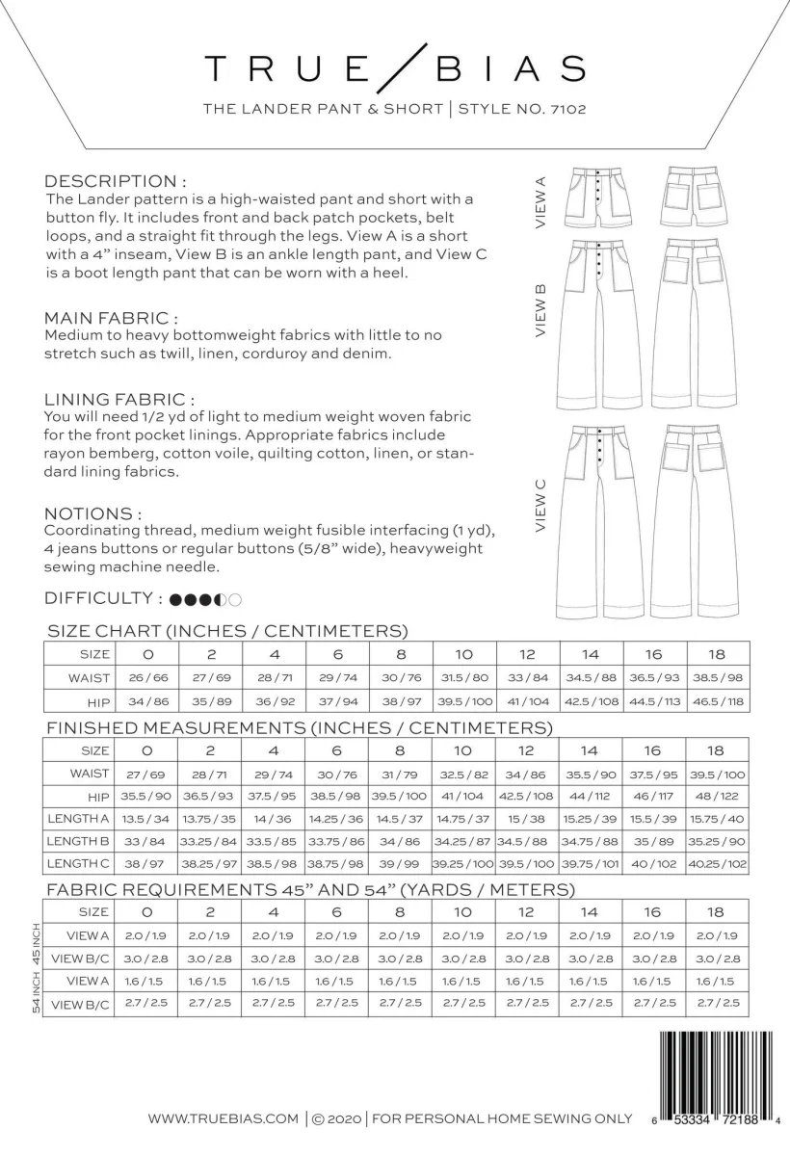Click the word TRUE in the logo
tap(285, 69)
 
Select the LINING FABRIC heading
tap(120, 399)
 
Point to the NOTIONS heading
tap(93, 513)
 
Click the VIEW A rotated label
tap(540, 201)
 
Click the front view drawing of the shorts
tap(599, 196)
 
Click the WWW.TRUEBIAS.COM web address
tap(224, 1118)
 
